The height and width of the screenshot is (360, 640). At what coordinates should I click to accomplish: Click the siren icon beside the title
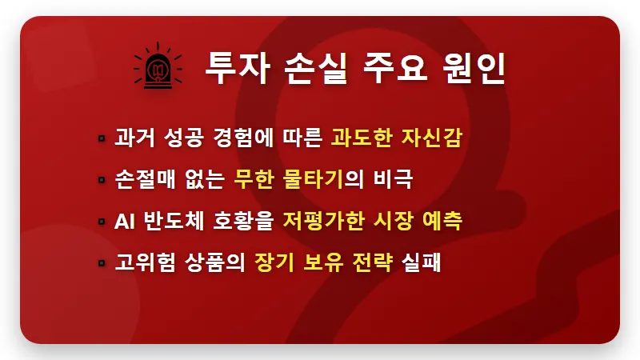(157, 69)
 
